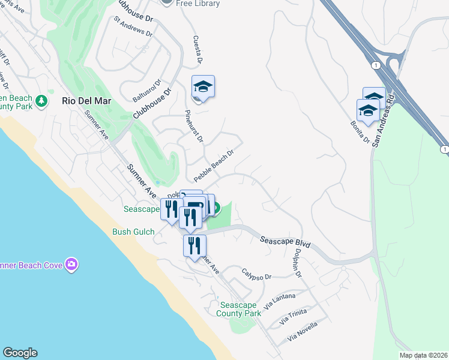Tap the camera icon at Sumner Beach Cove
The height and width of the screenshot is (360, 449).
pos(72,264)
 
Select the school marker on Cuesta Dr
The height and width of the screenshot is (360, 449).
pos(203,88)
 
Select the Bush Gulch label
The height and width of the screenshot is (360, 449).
pos(133,232)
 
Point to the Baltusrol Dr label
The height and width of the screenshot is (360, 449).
pos(147,91)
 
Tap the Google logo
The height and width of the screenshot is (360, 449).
pos(20,353)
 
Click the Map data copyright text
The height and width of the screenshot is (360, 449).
pos(423,355)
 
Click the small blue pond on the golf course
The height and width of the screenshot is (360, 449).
pos(157,182)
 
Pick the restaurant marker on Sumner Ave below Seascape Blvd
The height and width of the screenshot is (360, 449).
pos(194,246)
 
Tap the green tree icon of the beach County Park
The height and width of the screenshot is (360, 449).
pos(41,100)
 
